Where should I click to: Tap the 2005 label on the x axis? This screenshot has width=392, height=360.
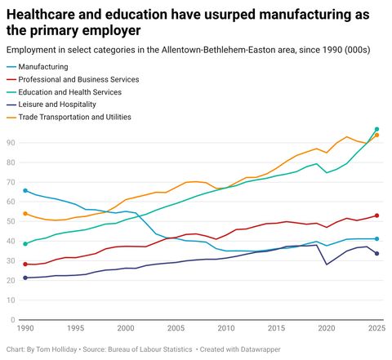[176, 328]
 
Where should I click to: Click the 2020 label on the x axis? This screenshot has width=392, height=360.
[327, 328]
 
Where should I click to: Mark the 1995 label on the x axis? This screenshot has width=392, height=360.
[75, 328]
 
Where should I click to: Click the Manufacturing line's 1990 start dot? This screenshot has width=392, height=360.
[25, 190]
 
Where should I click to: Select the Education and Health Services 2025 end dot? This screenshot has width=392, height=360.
[376, 129]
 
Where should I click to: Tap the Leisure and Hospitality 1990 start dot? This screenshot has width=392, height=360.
[25, 278]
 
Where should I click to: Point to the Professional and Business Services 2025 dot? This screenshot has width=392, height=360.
[376, 216]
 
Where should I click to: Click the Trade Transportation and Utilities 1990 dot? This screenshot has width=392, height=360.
[25, 213]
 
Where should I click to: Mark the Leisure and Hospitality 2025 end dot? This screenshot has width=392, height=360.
[376, 254]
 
